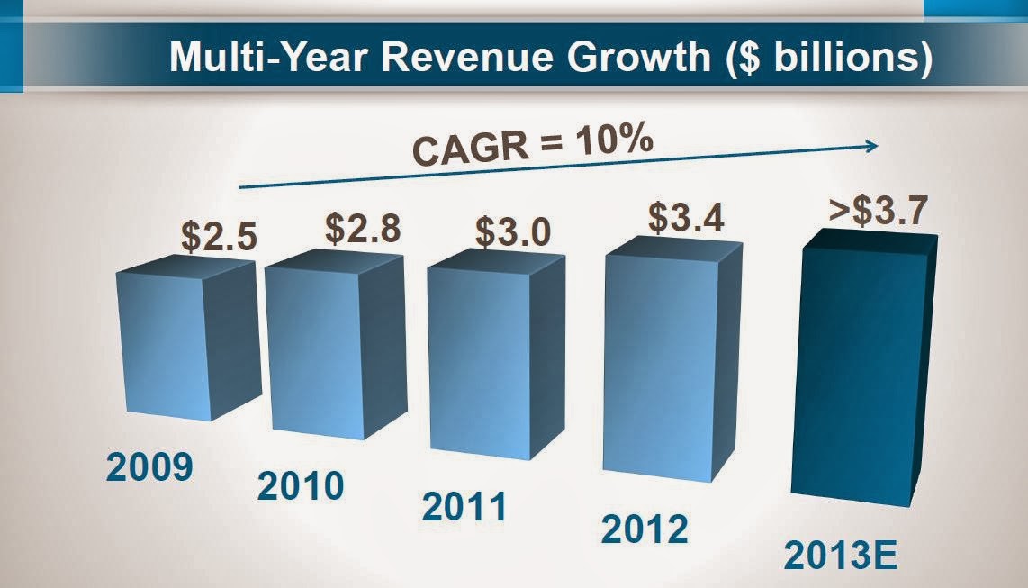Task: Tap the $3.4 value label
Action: (686, 220)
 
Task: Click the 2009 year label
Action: (149, 468)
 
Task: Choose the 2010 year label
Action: (301, 486)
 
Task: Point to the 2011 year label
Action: (464, 507)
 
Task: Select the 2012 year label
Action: (644, 528)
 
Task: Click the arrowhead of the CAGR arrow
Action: (871, 145)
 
